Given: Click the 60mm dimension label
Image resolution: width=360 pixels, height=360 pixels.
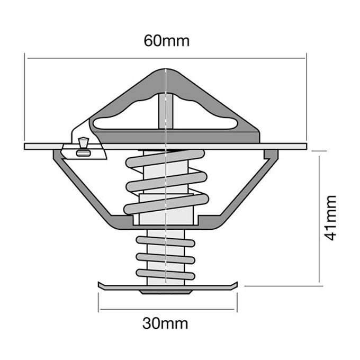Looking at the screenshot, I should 166,41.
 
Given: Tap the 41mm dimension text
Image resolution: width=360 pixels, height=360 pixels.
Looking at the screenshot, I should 331,218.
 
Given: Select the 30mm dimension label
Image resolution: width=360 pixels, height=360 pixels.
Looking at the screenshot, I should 165,323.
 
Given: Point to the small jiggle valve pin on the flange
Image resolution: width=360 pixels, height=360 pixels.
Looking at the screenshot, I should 82,143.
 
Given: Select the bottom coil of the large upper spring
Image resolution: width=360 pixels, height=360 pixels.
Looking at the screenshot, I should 166,204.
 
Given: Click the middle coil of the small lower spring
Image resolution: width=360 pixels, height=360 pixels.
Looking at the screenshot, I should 165,257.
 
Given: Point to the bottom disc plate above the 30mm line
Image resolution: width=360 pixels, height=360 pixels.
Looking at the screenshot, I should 166,286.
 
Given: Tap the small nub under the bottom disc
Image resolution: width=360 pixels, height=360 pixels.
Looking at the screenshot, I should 165,292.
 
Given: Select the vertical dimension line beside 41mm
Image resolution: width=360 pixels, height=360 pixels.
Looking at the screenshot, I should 319,218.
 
